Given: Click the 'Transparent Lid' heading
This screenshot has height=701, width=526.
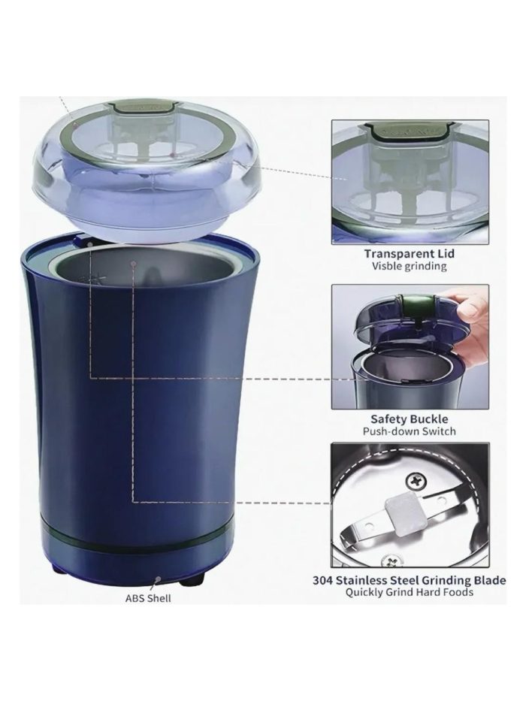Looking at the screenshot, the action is (410, 253).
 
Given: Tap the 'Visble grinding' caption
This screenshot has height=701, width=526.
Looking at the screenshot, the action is (410, 267).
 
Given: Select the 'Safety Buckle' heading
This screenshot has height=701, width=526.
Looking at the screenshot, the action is (410, 419).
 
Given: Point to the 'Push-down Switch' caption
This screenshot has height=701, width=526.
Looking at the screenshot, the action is (410, 431).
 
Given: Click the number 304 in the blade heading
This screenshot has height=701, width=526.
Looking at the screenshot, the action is (322, 581).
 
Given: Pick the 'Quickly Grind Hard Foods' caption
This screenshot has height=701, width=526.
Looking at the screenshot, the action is (410, 592).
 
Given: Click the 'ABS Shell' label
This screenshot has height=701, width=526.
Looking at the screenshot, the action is (148, 598).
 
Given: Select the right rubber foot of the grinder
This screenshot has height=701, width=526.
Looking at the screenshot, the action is (193, 581).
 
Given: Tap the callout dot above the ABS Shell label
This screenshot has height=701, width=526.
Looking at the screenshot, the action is (158, 579).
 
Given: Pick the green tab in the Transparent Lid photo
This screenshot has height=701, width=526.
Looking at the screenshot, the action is (405, 131).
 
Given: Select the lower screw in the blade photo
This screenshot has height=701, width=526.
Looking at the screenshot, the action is (389, 560).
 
